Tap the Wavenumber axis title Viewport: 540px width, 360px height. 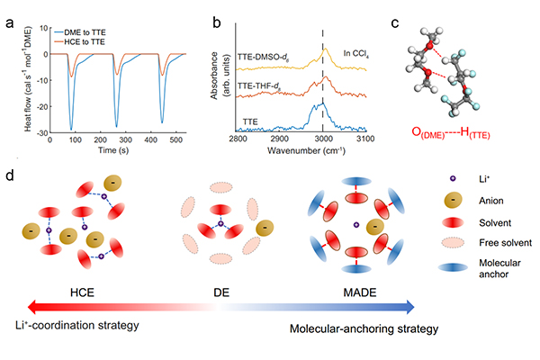(x=302, y=152)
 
